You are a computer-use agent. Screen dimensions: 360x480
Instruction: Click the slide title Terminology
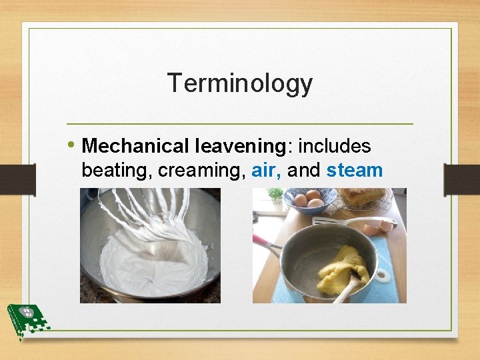239,83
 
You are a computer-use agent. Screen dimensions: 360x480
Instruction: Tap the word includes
335,146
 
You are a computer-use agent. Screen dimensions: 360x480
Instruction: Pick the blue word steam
354,171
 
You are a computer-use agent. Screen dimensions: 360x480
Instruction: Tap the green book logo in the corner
25,319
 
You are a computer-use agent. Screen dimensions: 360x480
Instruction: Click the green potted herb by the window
275,195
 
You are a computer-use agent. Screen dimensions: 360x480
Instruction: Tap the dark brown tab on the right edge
461,179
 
